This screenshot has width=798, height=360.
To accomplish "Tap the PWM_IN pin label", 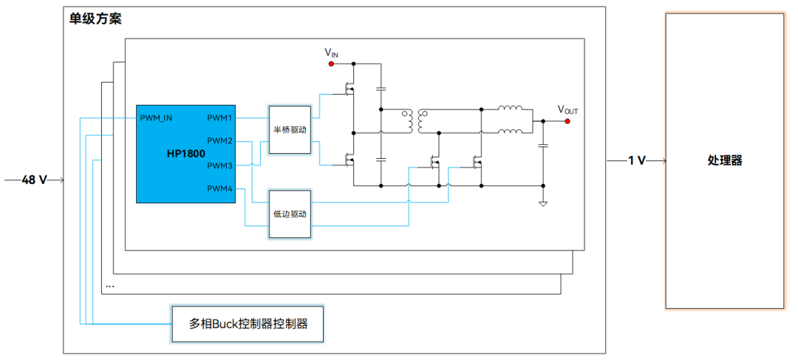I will click(156, 118).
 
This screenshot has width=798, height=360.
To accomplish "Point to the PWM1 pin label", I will click(219, 118).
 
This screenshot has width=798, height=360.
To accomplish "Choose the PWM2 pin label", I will click(219, 141).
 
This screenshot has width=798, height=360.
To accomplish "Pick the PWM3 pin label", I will click(219, 165).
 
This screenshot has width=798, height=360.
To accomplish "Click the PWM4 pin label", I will click(219, 189).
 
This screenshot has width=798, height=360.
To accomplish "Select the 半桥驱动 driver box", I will click(290, 129).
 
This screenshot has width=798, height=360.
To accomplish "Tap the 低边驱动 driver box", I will click(290, 214).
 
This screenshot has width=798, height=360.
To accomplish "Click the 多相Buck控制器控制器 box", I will click(248, 324).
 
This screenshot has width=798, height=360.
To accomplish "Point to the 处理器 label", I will click(724, 160).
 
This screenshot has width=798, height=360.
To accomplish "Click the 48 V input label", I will click(34, 180).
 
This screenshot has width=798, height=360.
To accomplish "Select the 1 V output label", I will click(636, 160).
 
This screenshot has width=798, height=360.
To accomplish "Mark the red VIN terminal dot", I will click(332, 64).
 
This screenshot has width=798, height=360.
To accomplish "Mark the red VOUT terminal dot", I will click(567, 121).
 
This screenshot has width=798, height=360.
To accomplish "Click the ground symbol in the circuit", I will click(543, 203).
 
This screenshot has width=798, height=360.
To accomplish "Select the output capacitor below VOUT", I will click(543, 146).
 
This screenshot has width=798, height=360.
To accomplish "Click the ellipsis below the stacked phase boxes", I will click(110, 285).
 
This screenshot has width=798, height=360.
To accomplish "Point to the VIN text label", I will click(332, 52).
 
